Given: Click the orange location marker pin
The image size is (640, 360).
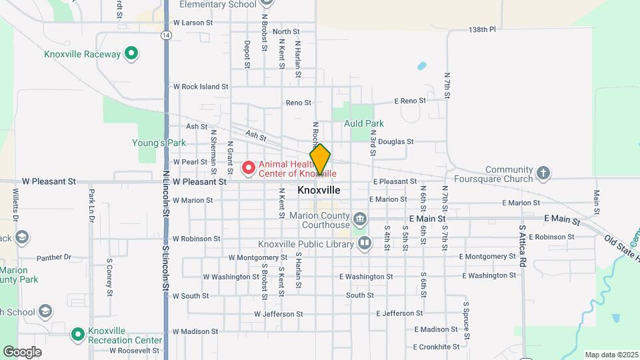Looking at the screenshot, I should (320, 160).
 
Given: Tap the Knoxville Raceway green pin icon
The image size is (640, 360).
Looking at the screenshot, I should (132, 54).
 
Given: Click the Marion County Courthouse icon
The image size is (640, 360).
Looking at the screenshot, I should (360, 219).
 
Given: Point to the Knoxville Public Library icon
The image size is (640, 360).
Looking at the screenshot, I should (364, 243).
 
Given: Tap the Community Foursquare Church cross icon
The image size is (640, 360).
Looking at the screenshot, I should (543, 174).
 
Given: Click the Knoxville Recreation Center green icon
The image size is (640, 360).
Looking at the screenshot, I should (78, 333).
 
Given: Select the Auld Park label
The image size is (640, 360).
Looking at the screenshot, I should (364, 123).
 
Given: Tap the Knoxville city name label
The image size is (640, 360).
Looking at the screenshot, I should (319, 190).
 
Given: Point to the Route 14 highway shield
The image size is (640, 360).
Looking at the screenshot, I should (165, 35).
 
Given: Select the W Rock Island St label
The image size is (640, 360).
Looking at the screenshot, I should (201, 87).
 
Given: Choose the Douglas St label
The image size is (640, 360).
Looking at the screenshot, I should (395, 141).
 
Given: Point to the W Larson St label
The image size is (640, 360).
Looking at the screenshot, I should (192, 22).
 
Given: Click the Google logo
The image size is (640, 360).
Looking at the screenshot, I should (22, 351).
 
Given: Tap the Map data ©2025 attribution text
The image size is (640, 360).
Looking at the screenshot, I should (611, 355).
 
